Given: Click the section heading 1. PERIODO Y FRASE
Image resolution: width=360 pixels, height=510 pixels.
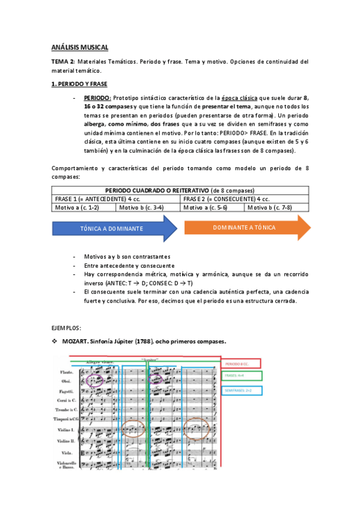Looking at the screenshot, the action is click(x=79, y=84).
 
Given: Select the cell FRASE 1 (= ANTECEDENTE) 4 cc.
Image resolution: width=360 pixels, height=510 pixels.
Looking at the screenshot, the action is click(x=116, y=198).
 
